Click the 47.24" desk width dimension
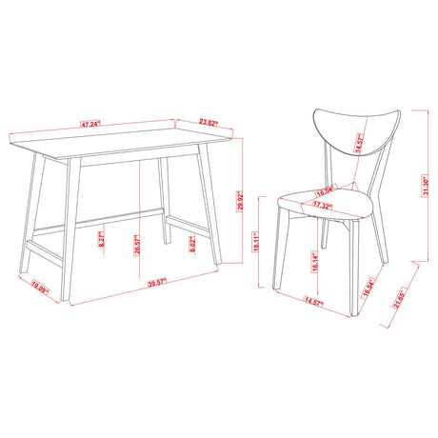point(91,124)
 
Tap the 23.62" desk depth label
point(209,121)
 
